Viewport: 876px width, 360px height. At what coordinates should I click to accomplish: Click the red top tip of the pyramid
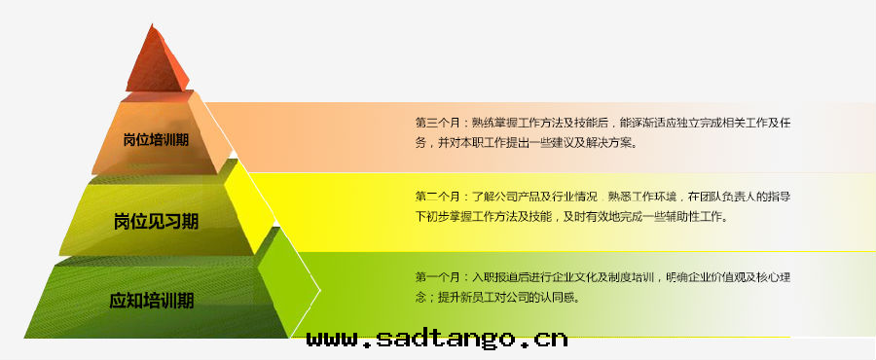coord(151,24)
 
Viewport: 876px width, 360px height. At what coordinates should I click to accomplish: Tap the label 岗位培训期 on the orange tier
coord(156,139)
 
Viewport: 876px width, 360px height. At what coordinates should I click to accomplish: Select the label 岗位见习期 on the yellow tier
coord(156,222)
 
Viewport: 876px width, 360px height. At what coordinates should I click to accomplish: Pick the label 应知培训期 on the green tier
coord(152,301)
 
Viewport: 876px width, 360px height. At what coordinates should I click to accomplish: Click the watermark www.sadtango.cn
coord(437,339)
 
